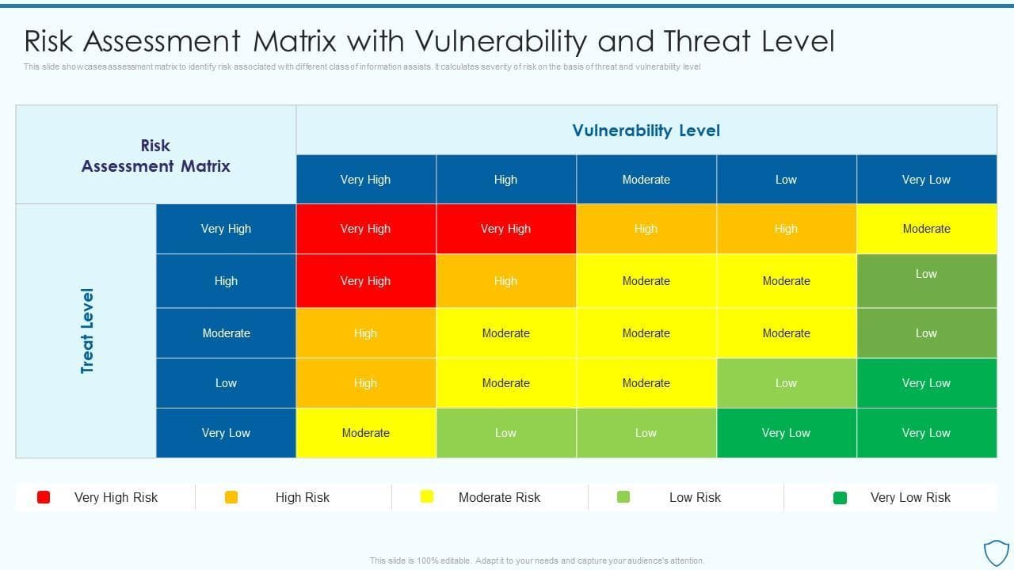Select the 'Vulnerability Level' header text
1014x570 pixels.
tap(646, 131)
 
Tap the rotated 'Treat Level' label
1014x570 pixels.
tap(87, 330)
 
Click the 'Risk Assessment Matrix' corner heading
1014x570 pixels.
tap(156, 156)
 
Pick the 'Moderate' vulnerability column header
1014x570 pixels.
tap(646, 180)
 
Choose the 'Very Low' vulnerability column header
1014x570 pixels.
tap(926, 180)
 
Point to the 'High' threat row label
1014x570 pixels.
tap(226, 281)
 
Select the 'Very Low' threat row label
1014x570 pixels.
tap(226, 433)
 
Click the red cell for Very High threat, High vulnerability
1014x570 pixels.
tap(505, 229)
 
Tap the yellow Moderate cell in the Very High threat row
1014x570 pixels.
tap(926, 229)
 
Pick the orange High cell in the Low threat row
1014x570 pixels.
tap(365, 383)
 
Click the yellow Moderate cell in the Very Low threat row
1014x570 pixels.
tap(365, 433)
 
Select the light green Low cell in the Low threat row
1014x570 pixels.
tap(786, 383)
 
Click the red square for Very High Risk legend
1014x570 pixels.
tap(44, 497)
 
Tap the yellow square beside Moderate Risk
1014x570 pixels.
tap(427, 497)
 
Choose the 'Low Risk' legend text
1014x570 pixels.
tap(695, 497)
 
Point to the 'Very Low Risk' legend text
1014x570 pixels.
tap(910, 497)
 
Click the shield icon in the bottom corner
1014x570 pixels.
tap(996, 552)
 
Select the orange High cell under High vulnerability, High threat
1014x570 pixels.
tap(505, 281)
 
